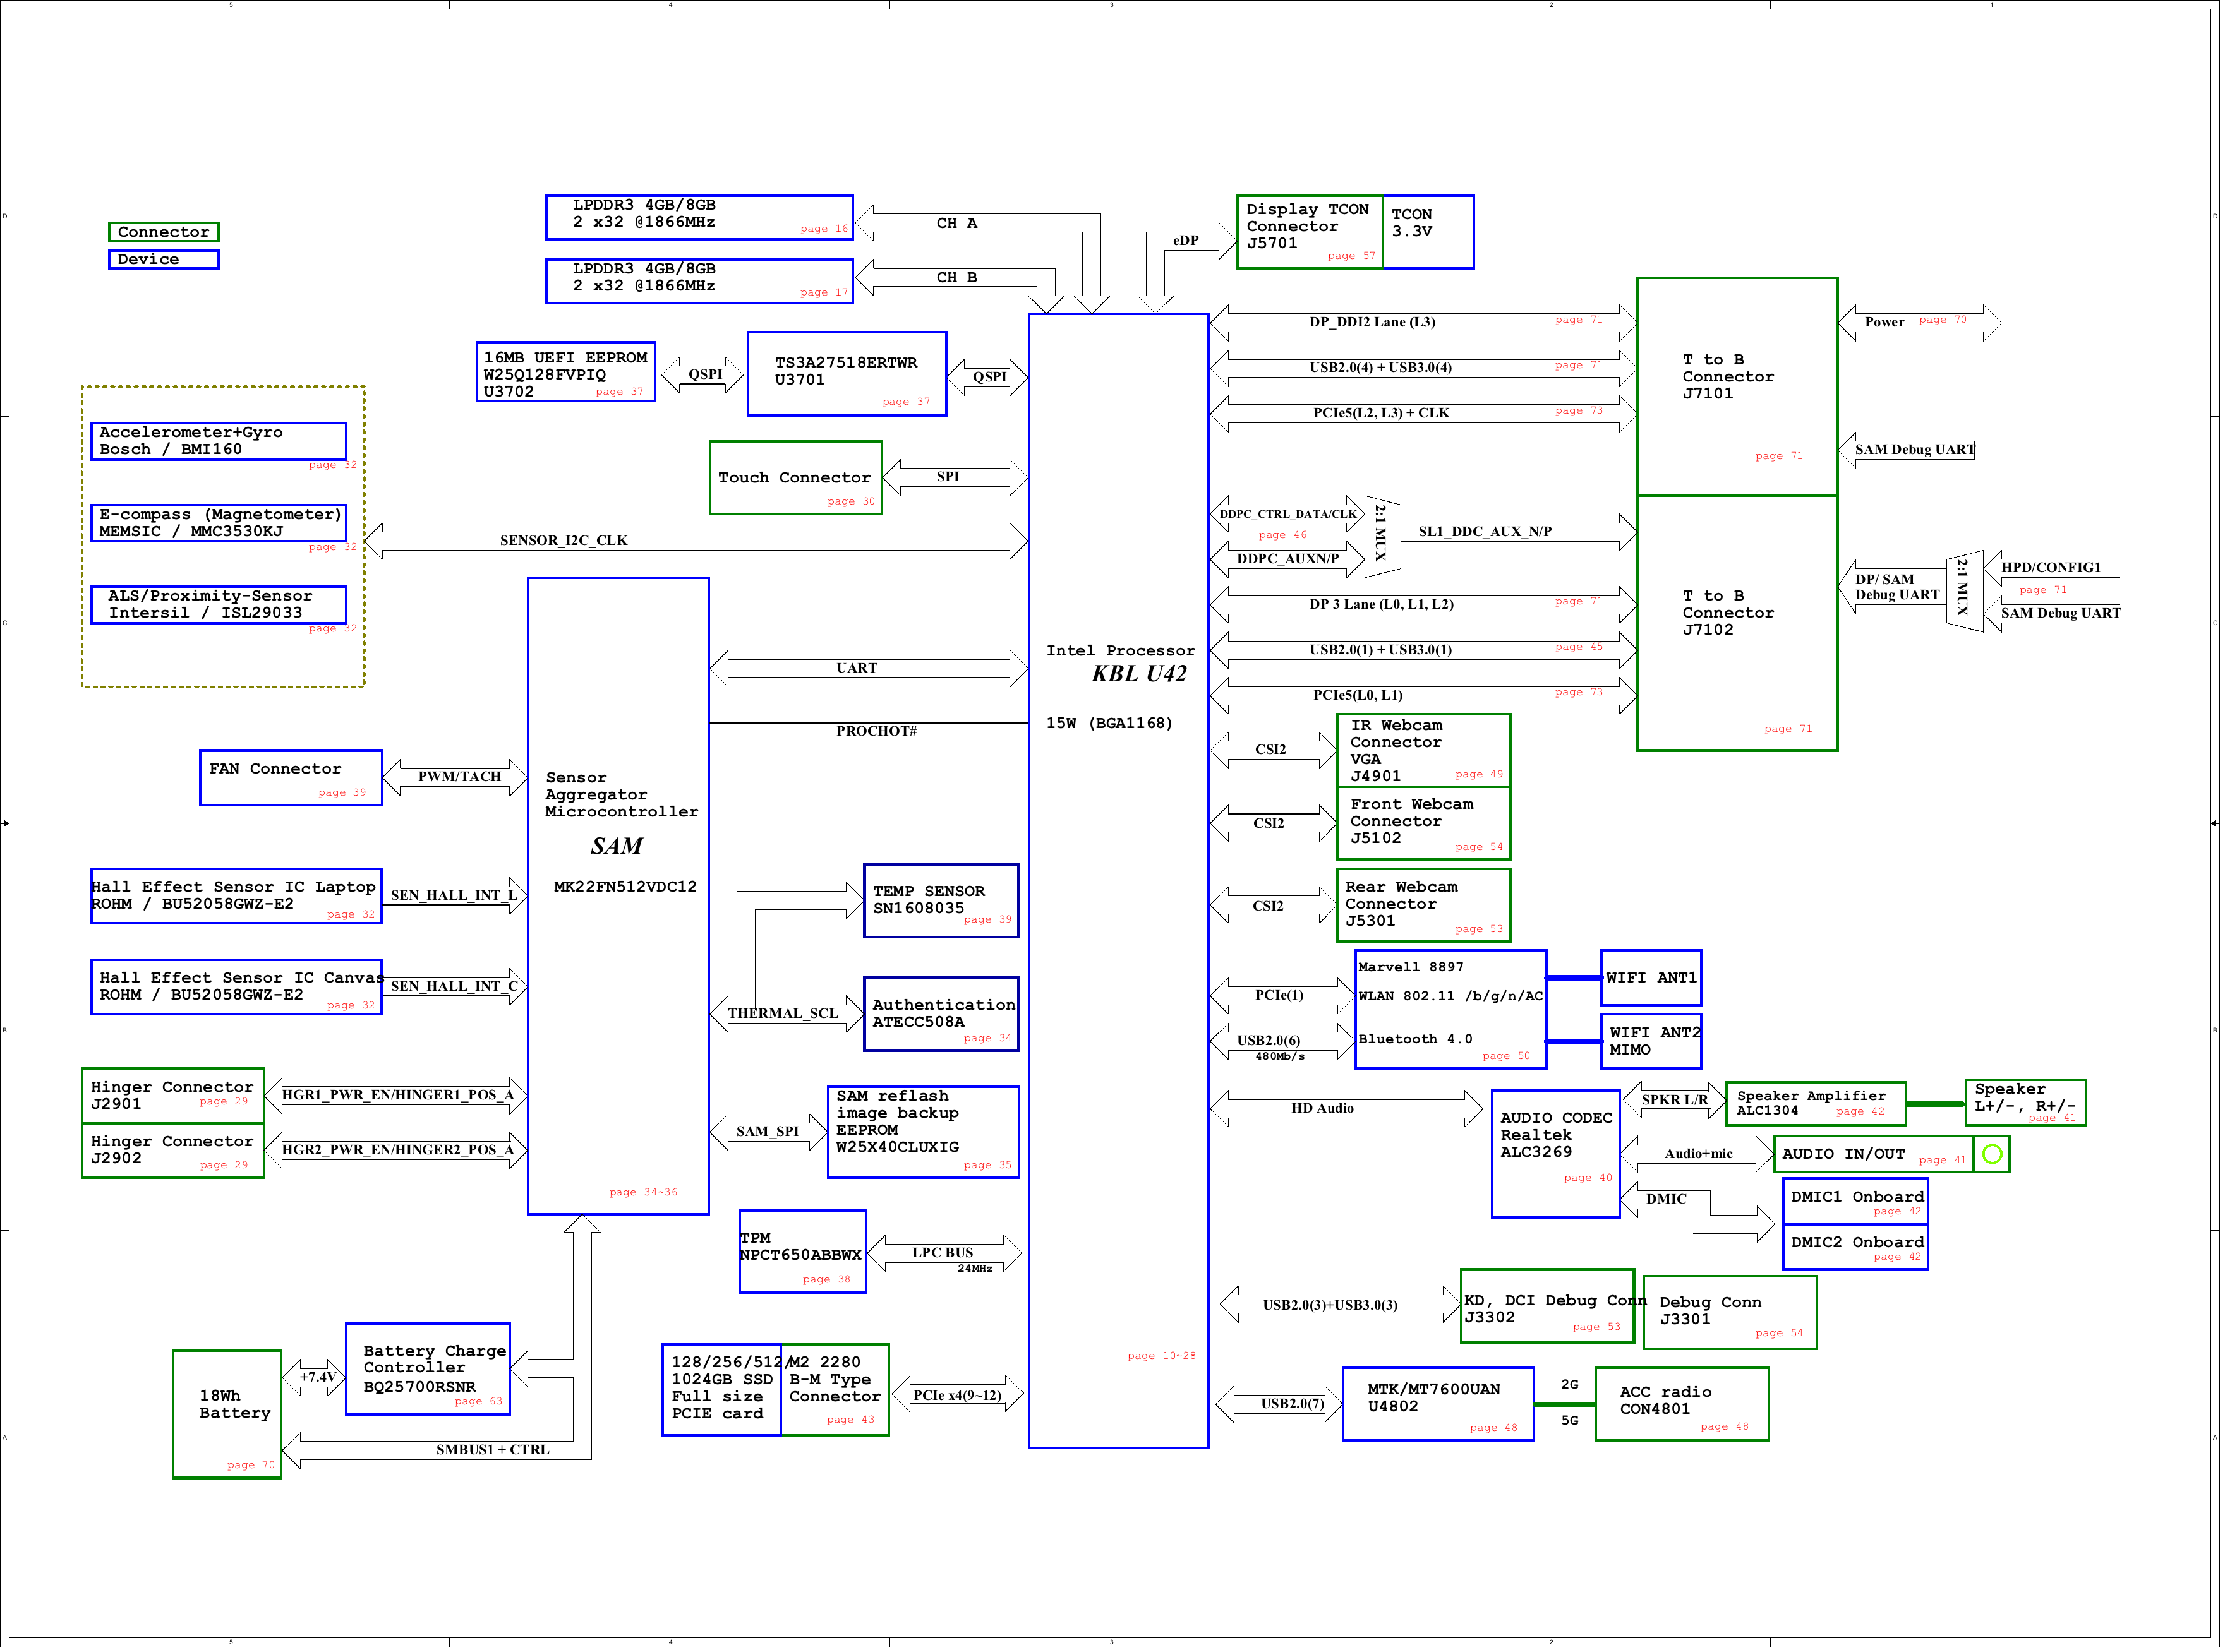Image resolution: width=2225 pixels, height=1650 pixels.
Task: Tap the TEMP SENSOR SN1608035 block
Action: click(x=942, y=902)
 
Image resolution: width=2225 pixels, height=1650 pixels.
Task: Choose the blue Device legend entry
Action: click(x=164, y=260)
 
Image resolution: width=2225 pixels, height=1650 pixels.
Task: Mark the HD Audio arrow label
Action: click(x=1324, y=1109)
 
